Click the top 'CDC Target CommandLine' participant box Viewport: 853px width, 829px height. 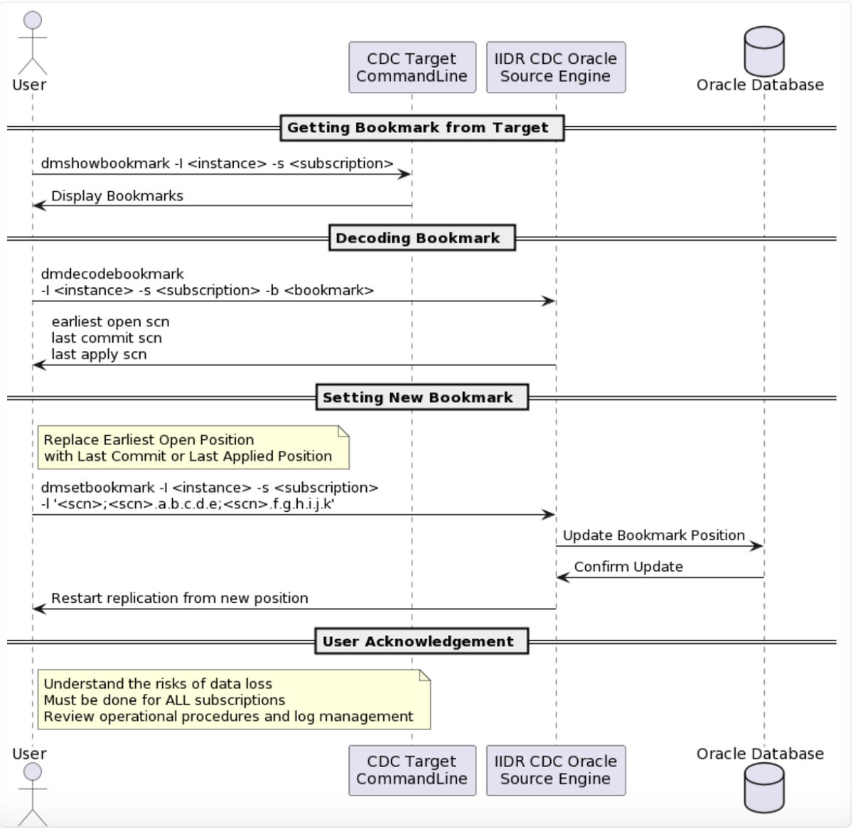pos(412,68)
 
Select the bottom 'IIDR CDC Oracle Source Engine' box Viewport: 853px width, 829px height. pos(555,770)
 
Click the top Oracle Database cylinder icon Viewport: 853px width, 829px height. pos(763,51)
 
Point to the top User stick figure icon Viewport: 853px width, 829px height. pos(32,43)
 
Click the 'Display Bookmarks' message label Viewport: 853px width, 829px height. pos(117,196)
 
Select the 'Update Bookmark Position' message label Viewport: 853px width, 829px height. pos(653,535)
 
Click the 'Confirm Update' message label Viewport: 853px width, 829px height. pos(628,567)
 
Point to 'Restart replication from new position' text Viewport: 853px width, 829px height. pos(179,599)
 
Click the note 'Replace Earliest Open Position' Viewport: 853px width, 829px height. pos(193,448)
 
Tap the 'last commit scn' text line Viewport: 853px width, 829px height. pos(107,338)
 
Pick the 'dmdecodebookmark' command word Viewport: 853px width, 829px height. pos(112,274)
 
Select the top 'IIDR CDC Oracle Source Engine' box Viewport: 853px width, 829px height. pos(555,68)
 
